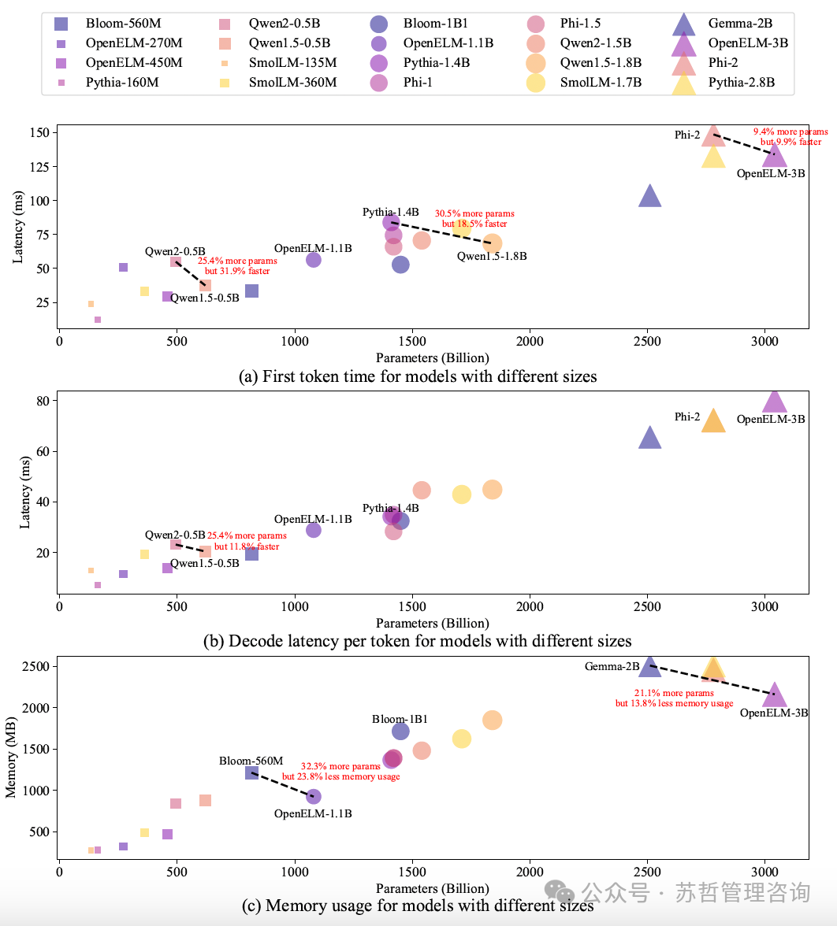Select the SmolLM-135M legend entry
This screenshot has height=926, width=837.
pyautogui.click(x=292, y=62)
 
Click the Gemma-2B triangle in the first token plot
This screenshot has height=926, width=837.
pyautogui.click(x=649, y=197)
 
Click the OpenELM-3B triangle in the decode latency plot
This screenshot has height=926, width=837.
pyautogui.click(x=775, y=402)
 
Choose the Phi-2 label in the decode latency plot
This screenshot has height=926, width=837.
pyautogui.click(x=687, y=417)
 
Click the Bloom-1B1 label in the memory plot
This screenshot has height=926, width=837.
pyautogui.click(x=400, y=719)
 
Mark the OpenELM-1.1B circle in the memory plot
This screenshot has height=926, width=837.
pyautogui.click(x=314, y=796)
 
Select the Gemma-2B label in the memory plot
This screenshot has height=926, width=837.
pyautogui.click(x=612, y=667)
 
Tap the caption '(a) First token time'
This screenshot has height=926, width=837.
pyautogui.click(x=418, y=376)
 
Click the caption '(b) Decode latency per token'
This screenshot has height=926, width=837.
pyautogui.click(x=418, y=640)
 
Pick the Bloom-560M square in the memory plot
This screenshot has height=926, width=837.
pyautogui.click(x=251, y=773)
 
